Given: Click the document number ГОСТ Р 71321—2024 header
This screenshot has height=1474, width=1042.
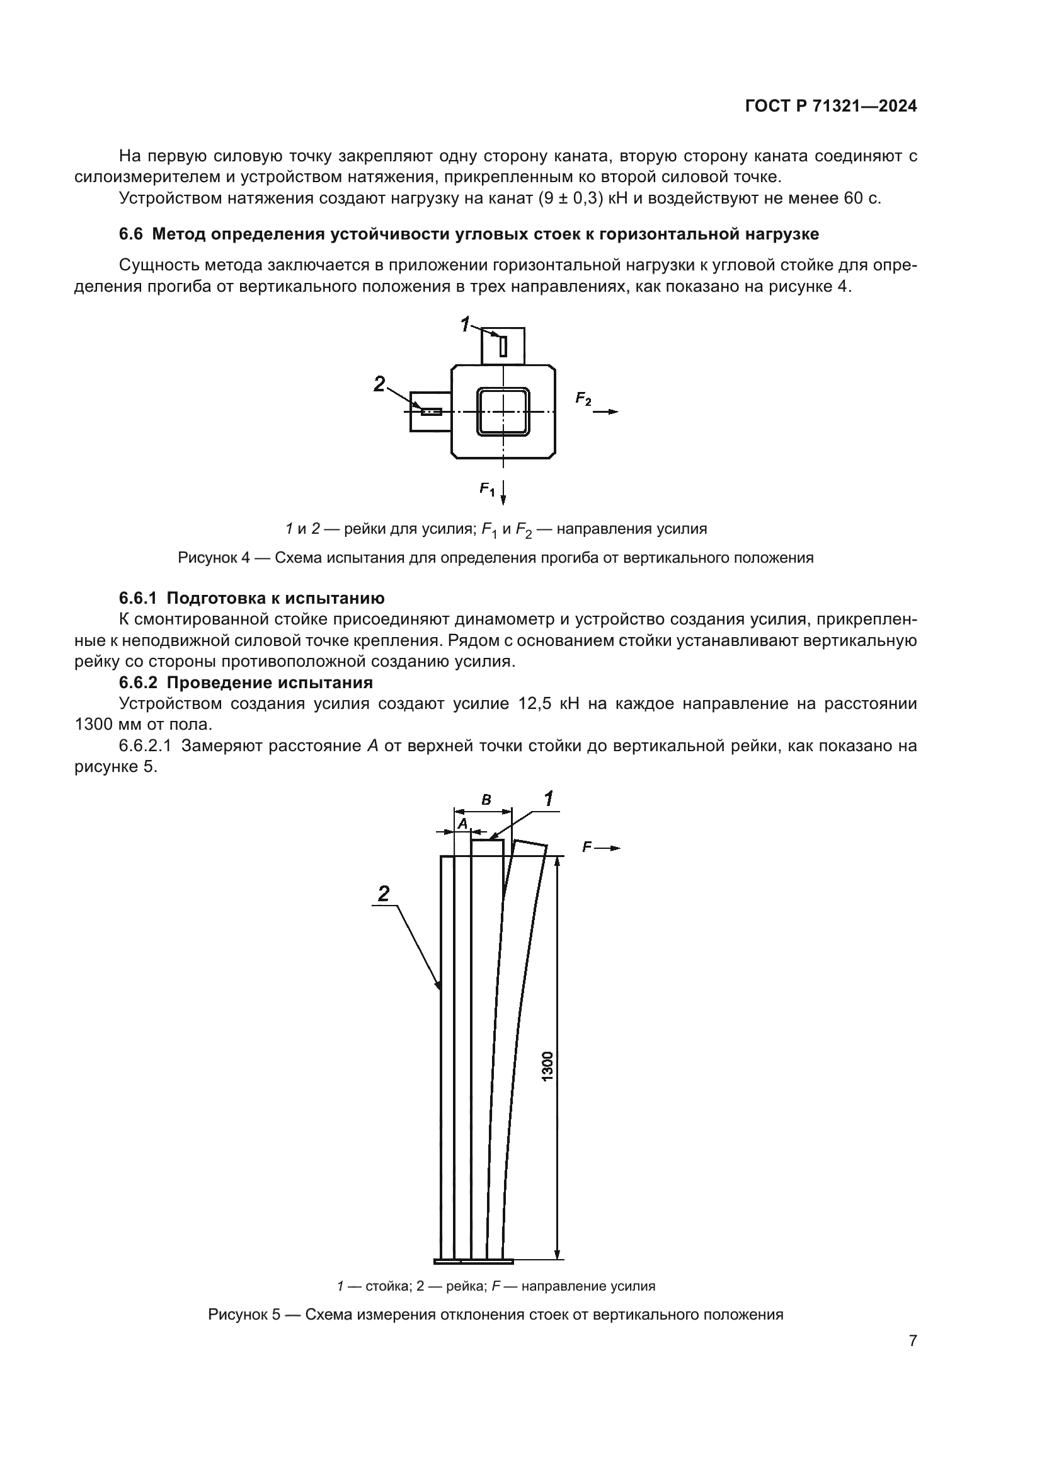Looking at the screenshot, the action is [x=831, y=106].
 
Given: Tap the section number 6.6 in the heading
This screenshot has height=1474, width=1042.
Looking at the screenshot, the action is [x=130, y=234].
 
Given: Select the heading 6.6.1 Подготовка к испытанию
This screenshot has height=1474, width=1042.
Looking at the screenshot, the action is [x=251, y=598].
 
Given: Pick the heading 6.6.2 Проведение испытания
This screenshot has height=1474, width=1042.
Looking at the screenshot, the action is [x=246, y=682].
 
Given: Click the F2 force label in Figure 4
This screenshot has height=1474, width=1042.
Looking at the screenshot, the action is [x=583, y=400].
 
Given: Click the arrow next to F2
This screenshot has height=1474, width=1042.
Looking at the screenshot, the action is [x=605, y=412].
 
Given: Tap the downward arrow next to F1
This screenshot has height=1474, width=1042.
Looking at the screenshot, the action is [x=504, y=492].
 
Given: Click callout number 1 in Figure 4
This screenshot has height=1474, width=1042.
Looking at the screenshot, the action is [x=466, y=325].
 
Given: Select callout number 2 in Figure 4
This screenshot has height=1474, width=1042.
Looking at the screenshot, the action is [x=379, y=384].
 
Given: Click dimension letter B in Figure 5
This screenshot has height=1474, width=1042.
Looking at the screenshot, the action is [x=486, y=800].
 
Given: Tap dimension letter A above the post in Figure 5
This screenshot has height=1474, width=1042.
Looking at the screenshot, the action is [x=462, y=823].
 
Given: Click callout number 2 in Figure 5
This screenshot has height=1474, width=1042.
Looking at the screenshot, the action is [x=384, y=893].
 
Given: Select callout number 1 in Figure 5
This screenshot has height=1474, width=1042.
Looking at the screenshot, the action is [x=549, y=799].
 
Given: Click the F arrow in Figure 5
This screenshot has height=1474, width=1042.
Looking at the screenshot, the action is [x=607, y=848].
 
